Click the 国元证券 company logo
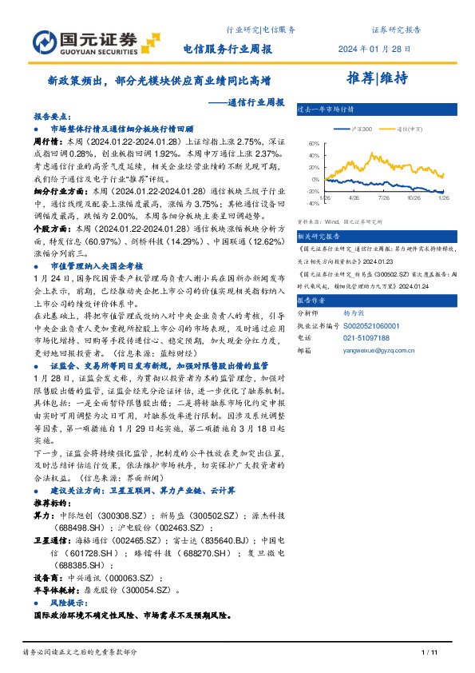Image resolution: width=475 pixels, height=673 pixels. [85, 40]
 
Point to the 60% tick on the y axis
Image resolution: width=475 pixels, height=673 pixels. [313, 143]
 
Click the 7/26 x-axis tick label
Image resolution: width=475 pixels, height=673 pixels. [383, 197]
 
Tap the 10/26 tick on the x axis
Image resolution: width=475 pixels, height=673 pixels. [414, 197]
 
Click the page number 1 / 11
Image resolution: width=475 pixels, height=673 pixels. [428, 652]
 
